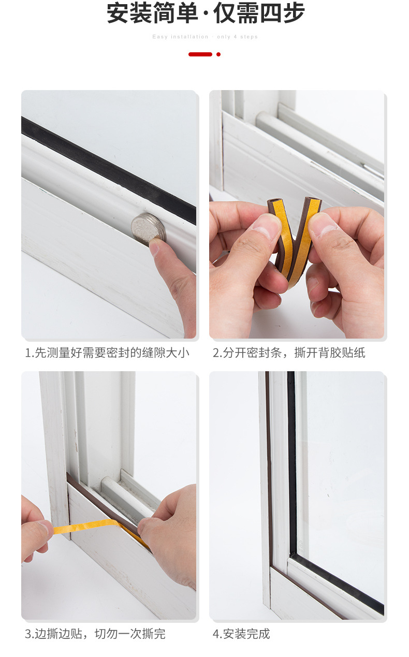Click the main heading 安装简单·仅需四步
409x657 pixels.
[x=206, y=14]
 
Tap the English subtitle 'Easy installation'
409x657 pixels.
[x=180, y=37]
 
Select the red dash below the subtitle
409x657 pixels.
[x=200, y=54]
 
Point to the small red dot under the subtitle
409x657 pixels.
[x=218, y=54]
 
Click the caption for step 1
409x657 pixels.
[x=107, y=353]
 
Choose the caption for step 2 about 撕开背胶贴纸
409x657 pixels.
[x=289, y=353]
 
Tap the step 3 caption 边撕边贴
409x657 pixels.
[x=95, y=634]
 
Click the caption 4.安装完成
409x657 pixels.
[x=241, y=634]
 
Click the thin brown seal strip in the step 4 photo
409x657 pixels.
[x=267, y=466]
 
